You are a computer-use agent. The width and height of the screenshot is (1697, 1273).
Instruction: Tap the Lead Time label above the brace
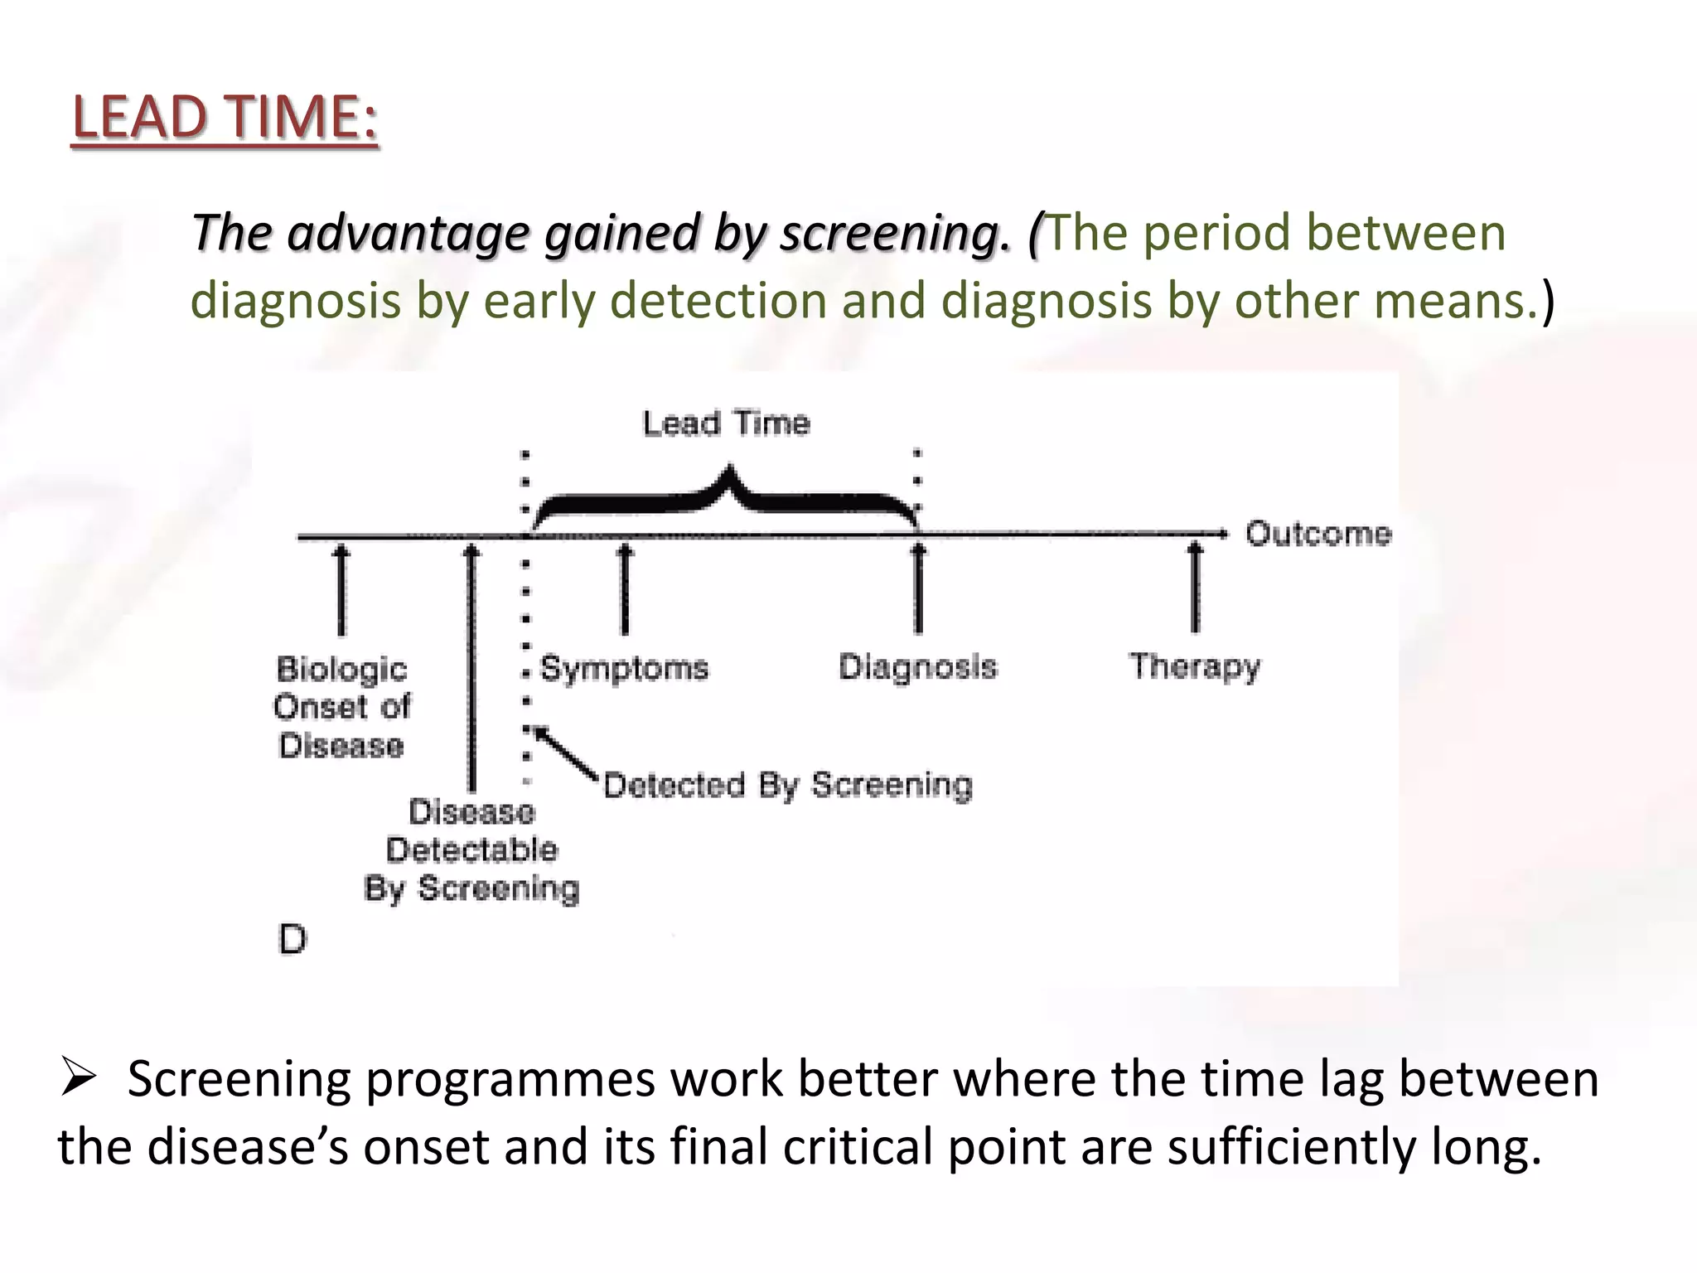726,424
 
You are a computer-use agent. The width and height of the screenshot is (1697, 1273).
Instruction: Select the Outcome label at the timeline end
1317,534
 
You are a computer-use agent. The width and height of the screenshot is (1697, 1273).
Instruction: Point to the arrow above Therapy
1194,588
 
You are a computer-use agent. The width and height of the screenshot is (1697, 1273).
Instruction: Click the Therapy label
1194,667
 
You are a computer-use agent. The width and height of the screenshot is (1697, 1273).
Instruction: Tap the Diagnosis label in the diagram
917,667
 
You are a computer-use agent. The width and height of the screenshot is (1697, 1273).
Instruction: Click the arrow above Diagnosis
918,588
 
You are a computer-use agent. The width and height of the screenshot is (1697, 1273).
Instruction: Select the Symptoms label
625,668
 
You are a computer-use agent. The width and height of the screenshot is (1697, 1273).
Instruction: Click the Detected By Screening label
787,785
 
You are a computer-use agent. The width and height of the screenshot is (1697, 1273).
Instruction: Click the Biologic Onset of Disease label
341,707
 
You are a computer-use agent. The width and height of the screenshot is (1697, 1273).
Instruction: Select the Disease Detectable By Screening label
471,849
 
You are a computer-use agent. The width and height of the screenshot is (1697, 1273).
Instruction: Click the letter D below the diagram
293,940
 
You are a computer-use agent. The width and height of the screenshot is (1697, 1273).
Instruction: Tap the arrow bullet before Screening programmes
79,1080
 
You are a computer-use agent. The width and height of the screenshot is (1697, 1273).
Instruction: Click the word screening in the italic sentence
896,233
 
